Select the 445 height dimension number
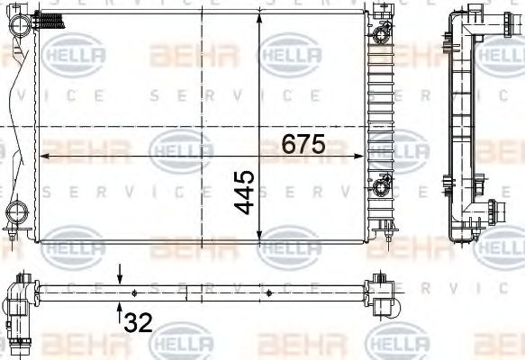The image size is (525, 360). coord(246,190)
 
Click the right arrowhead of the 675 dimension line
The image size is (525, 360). coord(364,156)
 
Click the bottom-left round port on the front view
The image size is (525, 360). coord(17,213)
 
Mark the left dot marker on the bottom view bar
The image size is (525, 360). coord(134,292)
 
